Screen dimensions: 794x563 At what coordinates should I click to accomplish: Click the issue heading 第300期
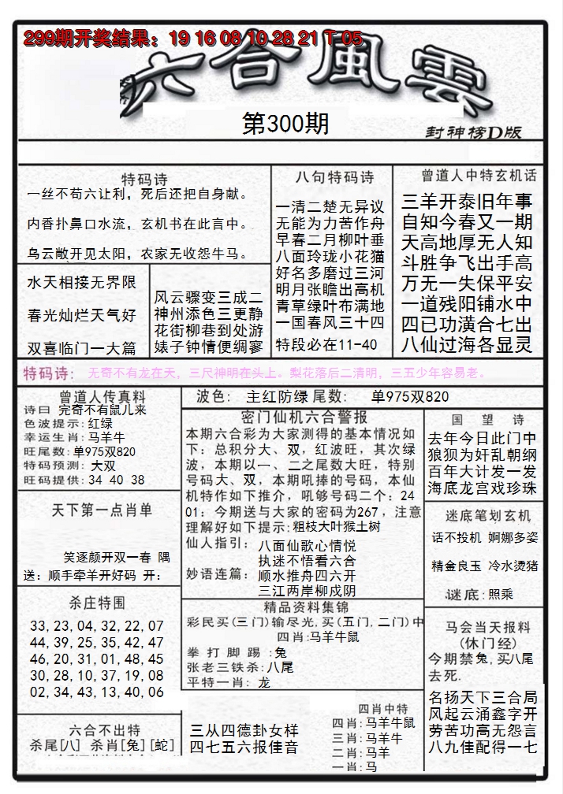285,124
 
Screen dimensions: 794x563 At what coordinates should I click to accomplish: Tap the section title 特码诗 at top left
144,179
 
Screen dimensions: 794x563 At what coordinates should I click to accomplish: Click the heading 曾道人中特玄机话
479,176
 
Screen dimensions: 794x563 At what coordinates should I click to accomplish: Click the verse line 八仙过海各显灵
467,343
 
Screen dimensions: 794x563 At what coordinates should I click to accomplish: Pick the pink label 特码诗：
49,373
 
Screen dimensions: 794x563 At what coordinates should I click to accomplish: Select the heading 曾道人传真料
92,396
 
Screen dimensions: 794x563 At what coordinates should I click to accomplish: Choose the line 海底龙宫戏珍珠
481,488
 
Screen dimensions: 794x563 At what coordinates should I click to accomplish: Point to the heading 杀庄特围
96,603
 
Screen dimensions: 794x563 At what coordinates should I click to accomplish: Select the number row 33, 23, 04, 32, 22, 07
96,626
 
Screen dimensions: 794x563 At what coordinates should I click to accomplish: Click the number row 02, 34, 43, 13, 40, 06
96,692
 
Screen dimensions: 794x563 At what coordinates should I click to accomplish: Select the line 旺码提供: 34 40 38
84,480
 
